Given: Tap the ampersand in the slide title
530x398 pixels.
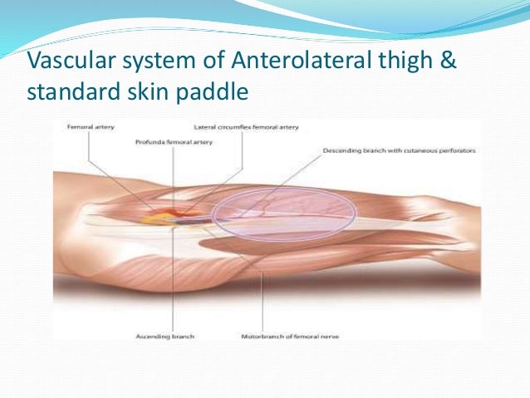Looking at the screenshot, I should click(x=447, y=63).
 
